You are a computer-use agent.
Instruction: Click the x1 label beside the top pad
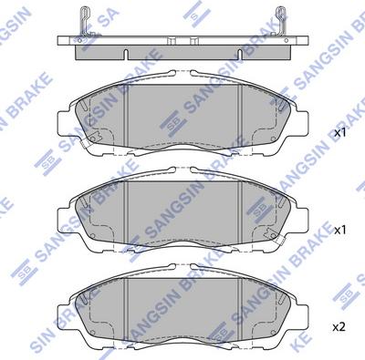pyautogui.click(x=340, y=133)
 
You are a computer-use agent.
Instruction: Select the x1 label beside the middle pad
pyautogui.click(x=340, y=230)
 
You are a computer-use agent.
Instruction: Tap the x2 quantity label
pyautogui.click(x=339, y=327)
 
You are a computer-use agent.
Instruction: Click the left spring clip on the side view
pyautogui.click(x=85, y=22)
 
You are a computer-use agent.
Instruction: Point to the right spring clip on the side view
pyautogui.click(x=281, y=22)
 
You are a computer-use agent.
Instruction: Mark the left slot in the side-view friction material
pyautogui.click(x=126, y=55)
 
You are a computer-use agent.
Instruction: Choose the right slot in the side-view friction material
pyautogui.click(x=240, y=55)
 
